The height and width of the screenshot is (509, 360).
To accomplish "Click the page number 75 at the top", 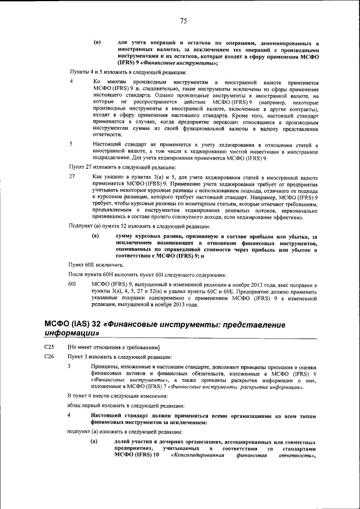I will [183, 21].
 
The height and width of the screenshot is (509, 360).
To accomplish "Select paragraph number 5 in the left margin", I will [71, 144].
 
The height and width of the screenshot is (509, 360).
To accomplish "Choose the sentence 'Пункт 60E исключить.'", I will [92, 264].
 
